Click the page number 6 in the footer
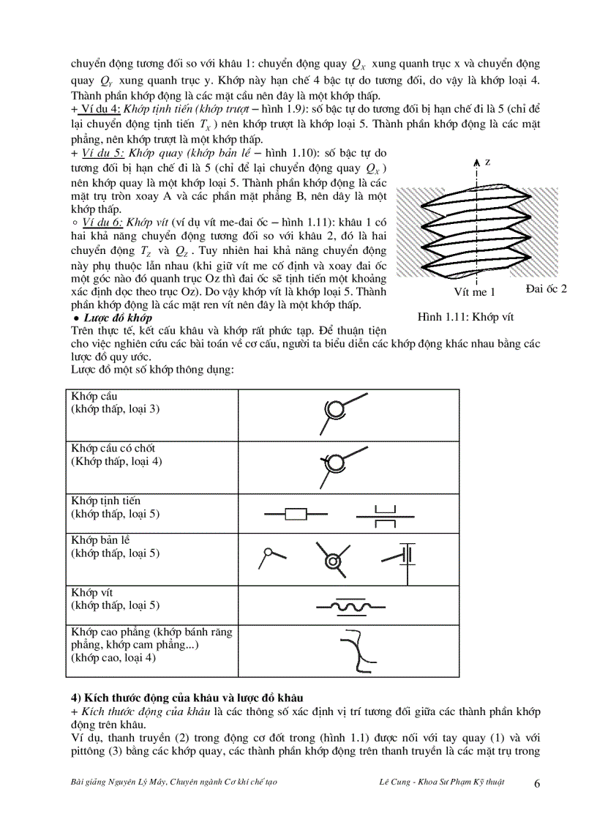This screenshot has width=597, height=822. (538, 783)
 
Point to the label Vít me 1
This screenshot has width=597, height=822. (475, 291)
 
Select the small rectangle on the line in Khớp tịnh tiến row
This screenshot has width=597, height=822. (296, 514)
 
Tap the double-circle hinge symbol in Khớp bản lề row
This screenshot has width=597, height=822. (334, 561)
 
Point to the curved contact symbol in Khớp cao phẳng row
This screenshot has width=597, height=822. (358, 650)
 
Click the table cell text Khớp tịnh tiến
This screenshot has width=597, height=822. (106, 501)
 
